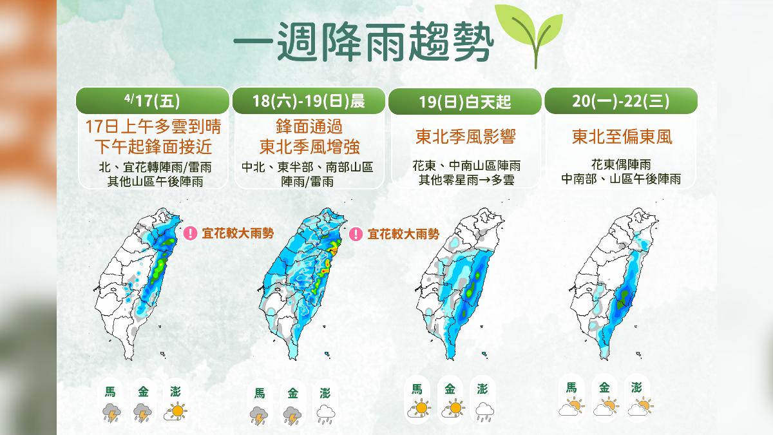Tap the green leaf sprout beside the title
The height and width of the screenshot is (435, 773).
tap(528, 35)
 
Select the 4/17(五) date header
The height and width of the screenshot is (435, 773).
tap(153, 101)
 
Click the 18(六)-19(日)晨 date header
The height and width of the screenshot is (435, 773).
tap(309, 101)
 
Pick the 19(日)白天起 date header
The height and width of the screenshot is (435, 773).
tap(464, 102)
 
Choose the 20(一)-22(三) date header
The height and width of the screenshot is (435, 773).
tap(621, 101)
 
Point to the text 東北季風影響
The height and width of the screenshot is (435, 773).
tap(464, 137)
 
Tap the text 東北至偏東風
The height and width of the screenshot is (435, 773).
tap(621, 137)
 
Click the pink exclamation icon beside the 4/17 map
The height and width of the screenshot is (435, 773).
tap(190, 233)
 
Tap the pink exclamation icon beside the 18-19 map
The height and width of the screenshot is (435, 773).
tap(356, 233)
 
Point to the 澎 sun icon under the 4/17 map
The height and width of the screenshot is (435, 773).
tap(175, 411)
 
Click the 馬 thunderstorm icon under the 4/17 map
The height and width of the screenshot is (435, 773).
tap(111, 411)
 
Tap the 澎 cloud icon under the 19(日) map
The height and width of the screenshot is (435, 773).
tap(483, 409)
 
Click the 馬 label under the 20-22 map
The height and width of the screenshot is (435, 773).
tap(571, 388)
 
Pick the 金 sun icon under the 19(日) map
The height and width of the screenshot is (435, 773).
tap(451, 409)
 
